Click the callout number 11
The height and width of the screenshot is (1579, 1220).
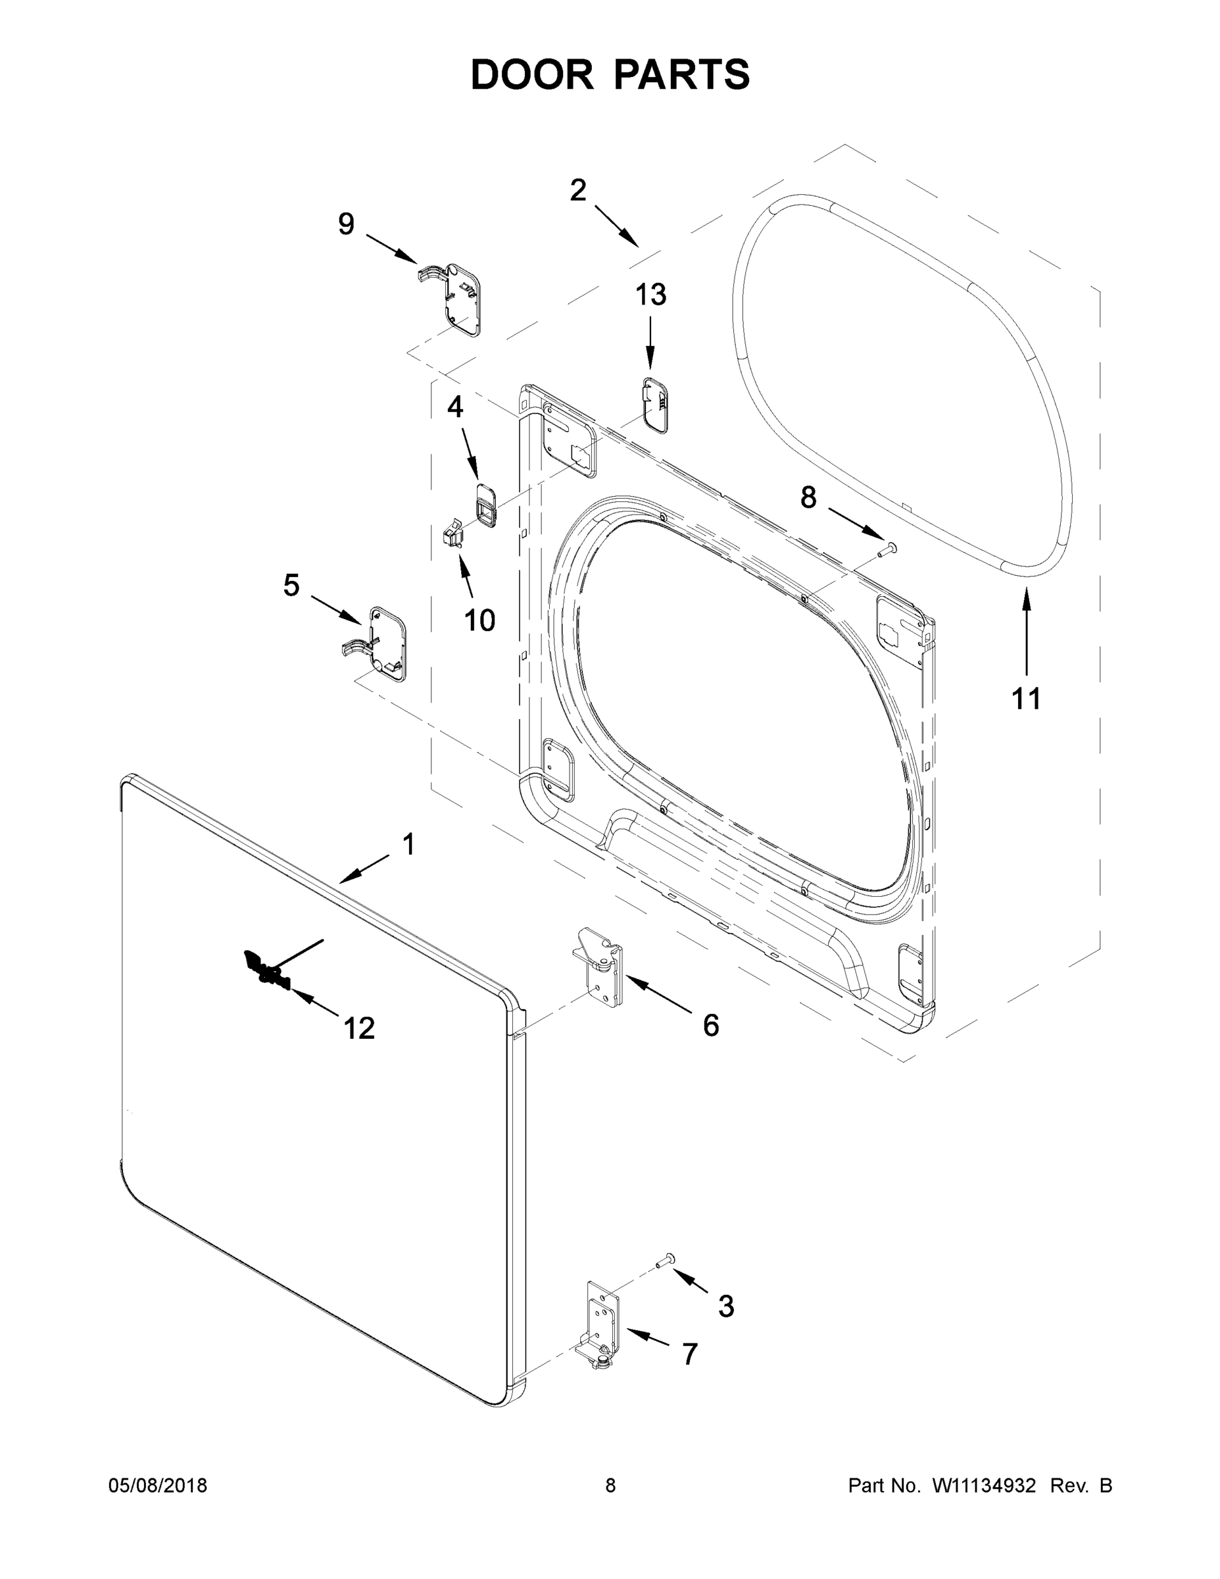[x=1025, y=699]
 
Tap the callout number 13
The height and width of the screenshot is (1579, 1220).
[x=650, y=295]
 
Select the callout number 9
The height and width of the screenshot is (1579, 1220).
[x=346, y=224]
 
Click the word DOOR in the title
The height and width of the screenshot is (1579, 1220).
[x=532, y=74]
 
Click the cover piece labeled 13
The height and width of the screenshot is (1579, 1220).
[x=655, y=405]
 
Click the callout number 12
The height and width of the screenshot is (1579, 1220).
[x=359, y=1028]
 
